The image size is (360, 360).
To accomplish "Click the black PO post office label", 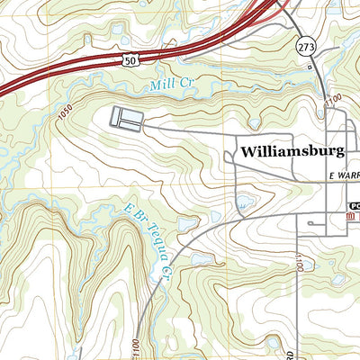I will coord(354,205).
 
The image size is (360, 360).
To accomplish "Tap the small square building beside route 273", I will coord(310,67).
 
